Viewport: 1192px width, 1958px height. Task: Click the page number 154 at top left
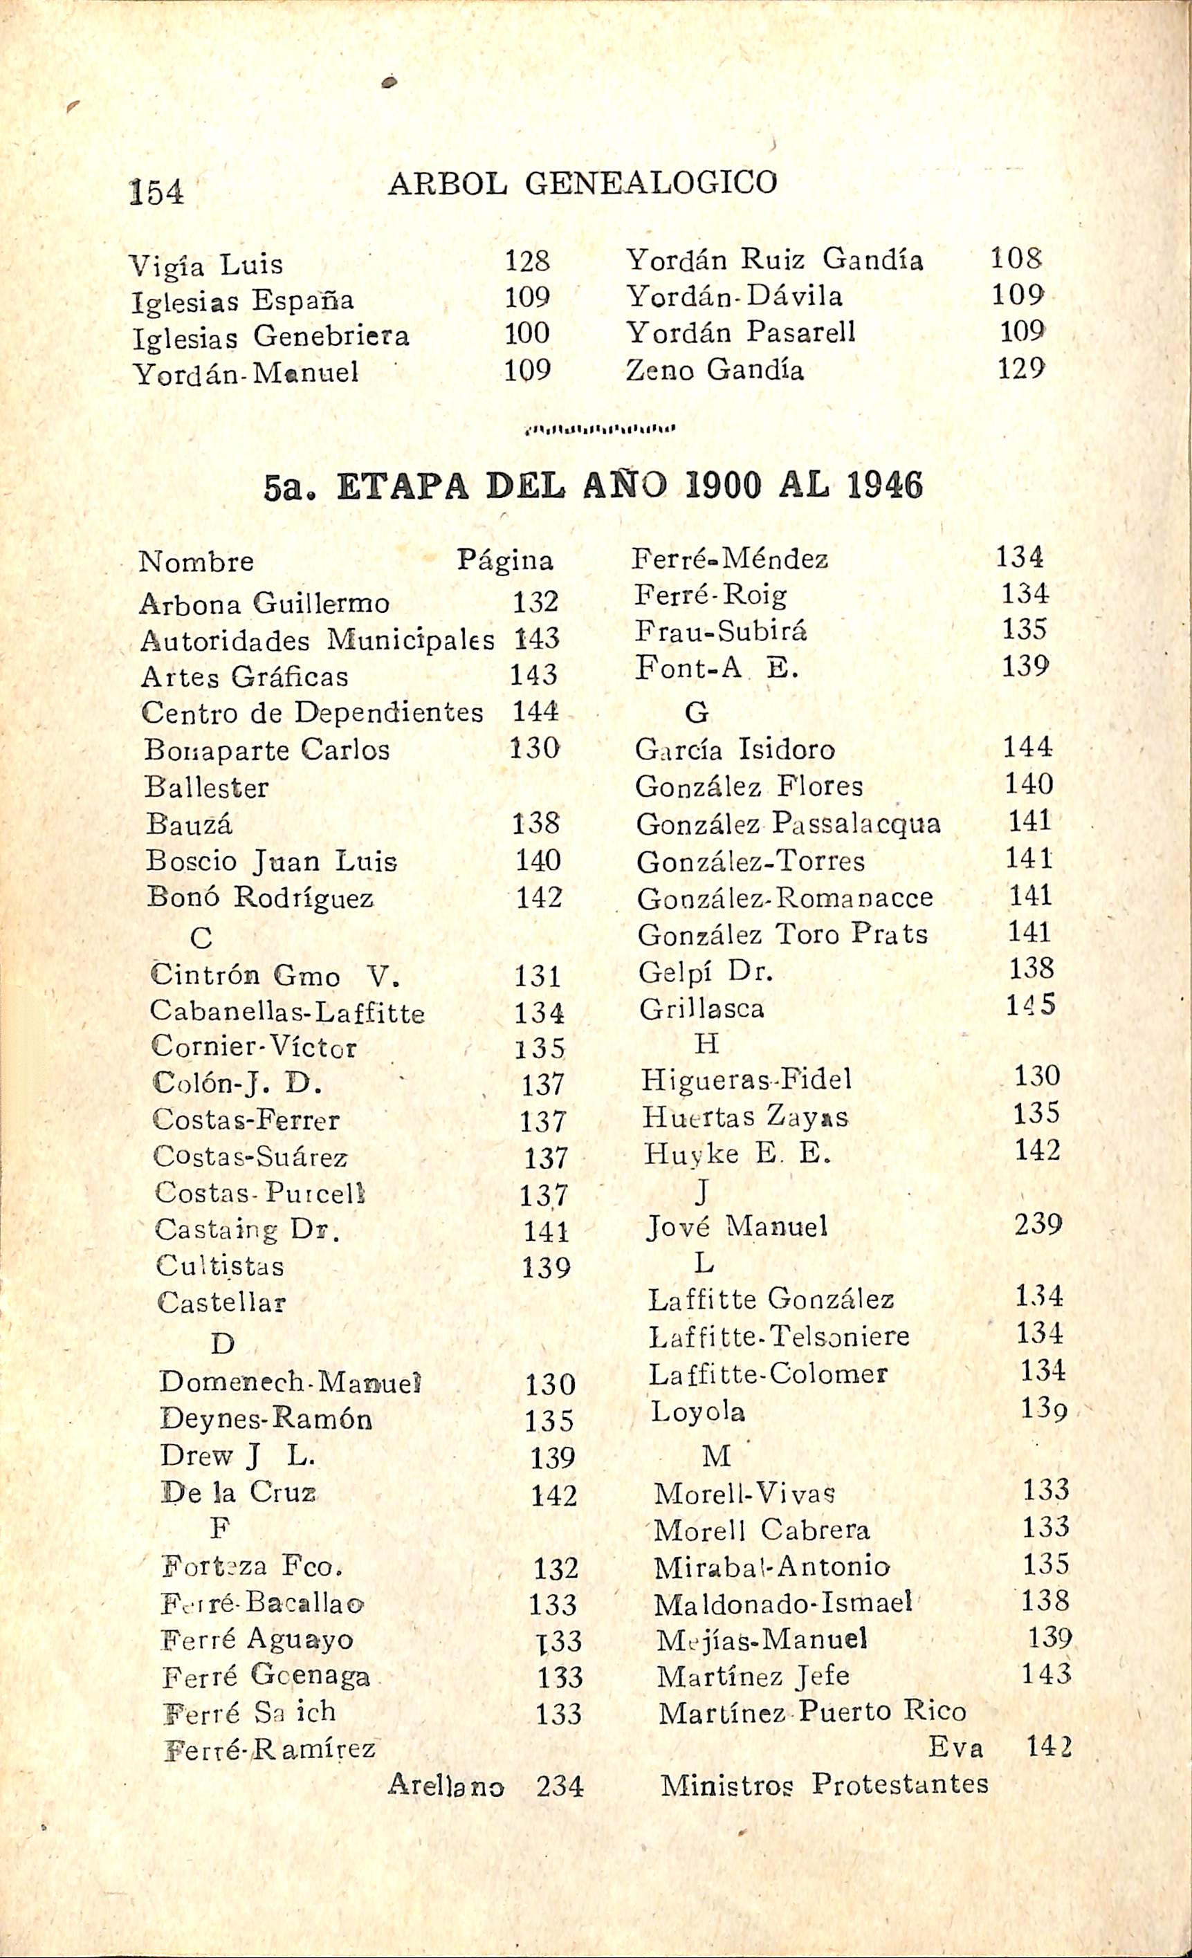pos(156,192)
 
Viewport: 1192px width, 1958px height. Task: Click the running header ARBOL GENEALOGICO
pos(583,183)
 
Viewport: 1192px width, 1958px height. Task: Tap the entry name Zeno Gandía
pos(715,369)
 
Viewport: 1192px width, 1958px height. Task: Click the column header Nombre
pos(196,562)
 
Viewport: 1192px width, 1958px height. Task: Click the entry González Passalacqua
pos(787,823)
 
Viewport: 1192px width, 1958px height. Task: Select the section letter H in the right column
pos(706,1044)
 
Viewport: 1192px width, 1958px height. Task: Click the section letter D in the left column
pos(223,1344)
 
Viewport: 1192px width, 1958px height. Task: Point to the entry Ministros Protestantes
pos(824,1783)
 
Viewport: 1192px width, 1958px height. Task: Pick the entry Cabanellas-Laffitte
pos(287,1012)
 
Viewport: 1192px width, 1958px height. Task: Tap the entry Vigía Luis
pos(206,264)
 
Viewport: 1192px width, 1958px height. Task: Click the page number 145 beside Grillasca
pos(1031,1005)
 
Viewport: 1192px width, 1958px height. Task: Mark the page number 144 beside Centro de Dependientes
pos(535,711)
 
